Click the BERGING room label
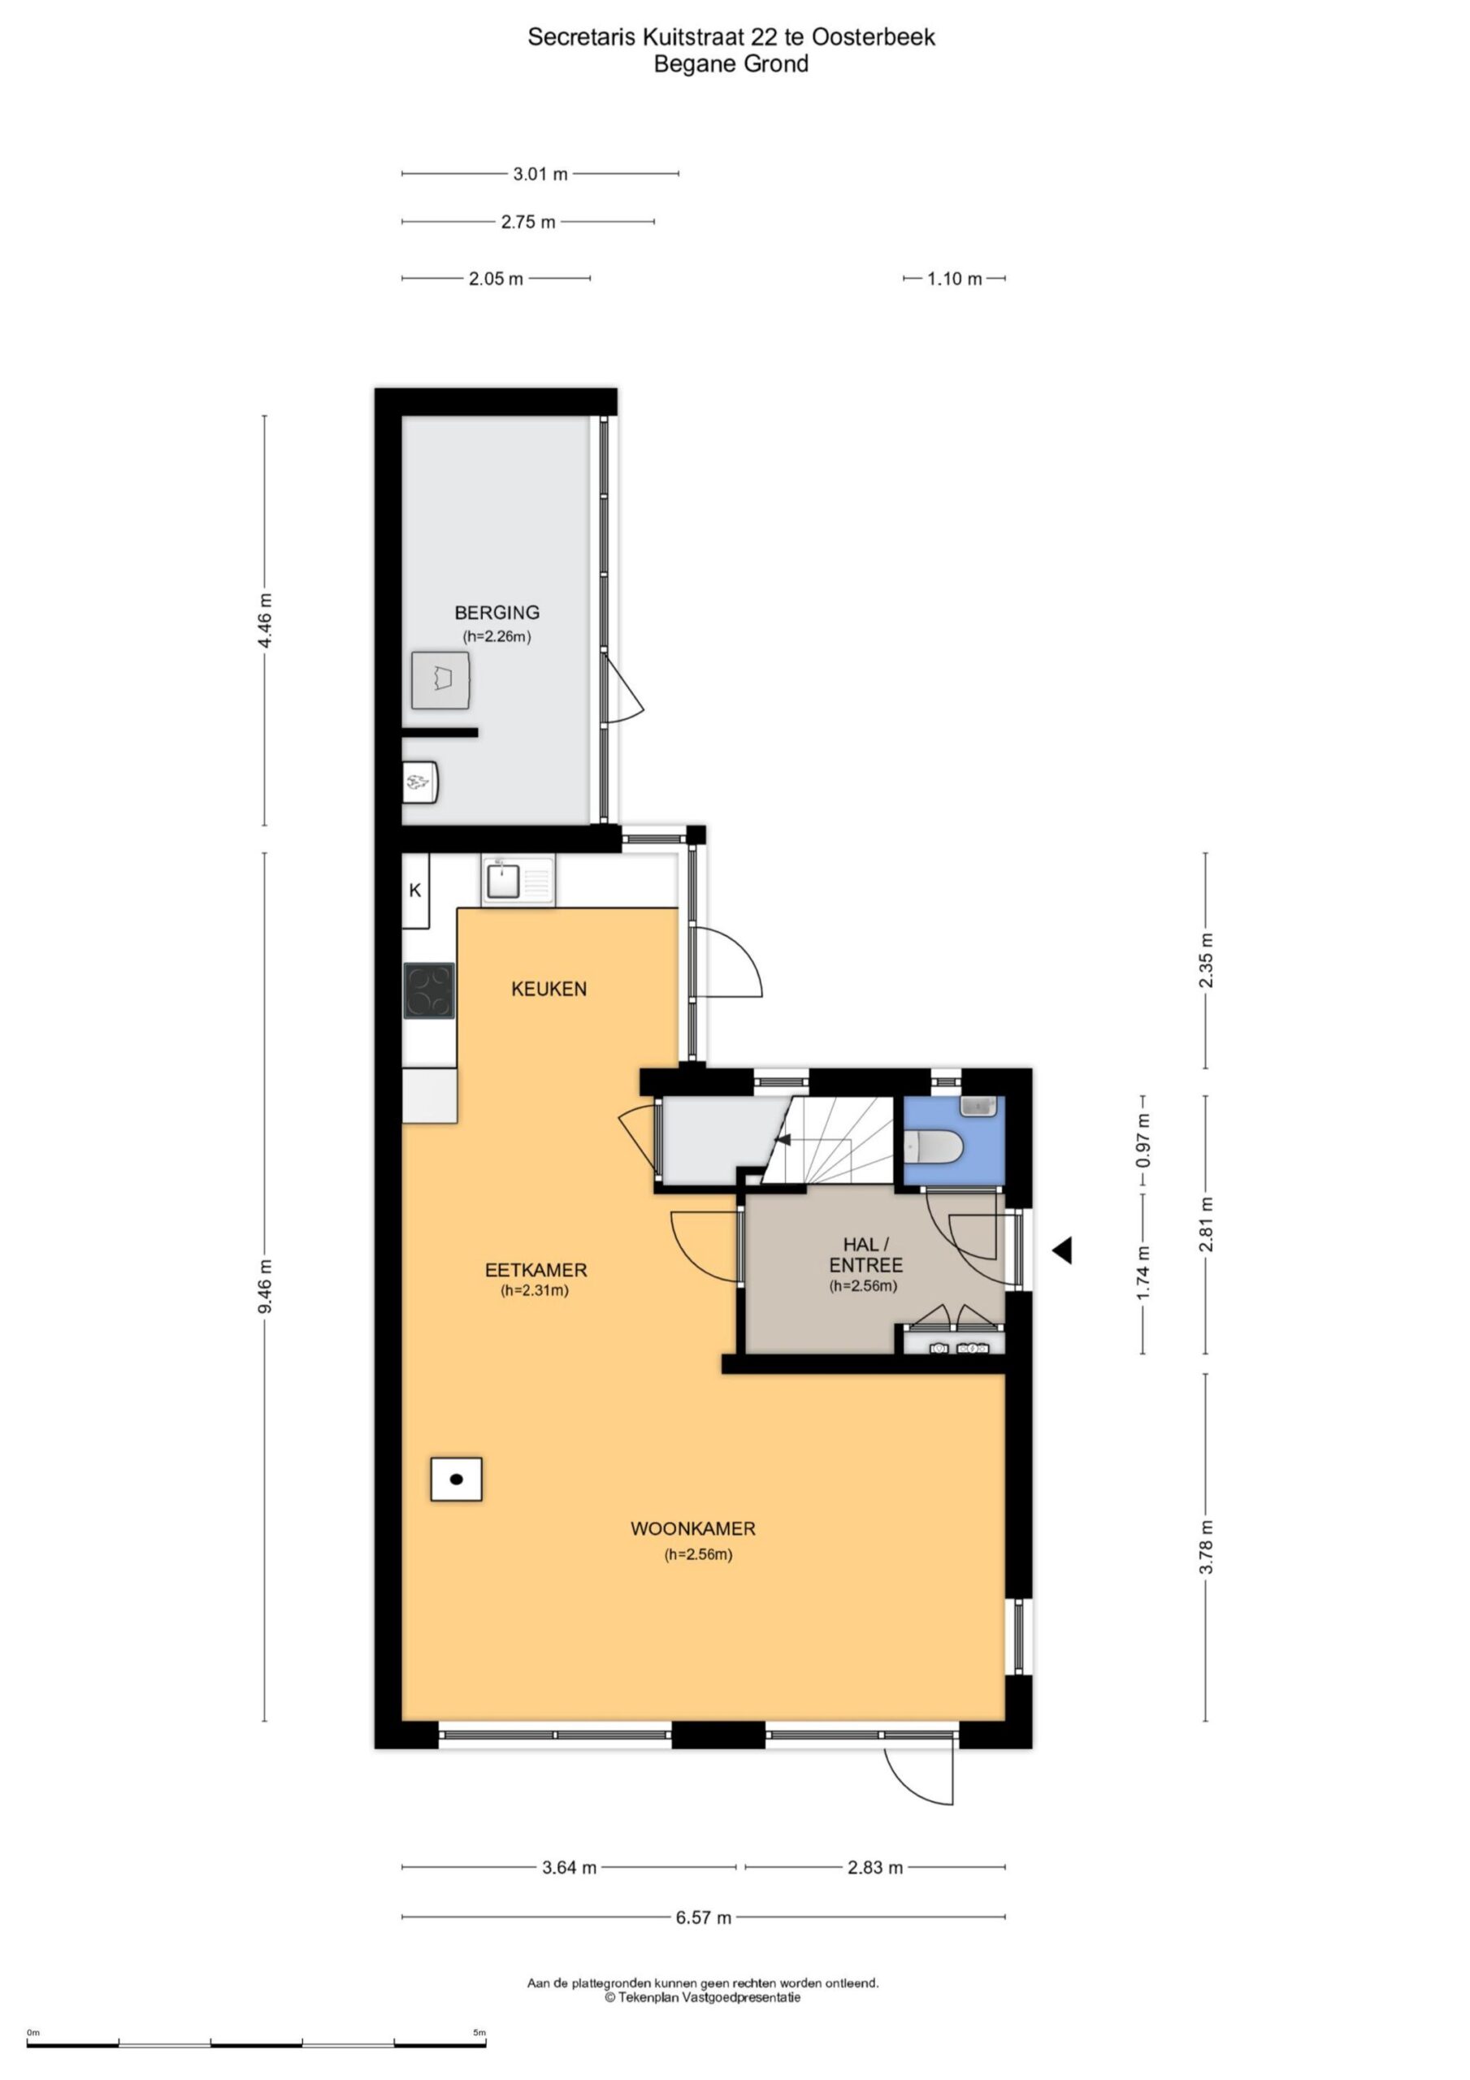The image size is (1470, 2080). (x=497, y=613)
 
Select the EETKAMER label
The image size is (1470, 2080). (x=536, y=1270)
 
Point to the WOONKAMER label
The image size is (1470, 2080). (x=693, y=1528)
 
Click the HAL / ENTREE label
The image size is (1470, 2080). (x=865, y=1254)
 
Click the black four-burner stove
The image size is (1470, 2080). (x=429, y=990)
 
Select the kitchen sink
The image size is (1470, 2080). (x=518, y=881)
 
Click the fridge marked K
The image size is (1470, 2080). (x=415, y=890)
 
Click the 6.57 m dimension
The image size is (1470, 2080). (x=703, y=1917)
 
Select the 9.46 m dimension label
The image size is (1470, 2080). (x=265, y=1286)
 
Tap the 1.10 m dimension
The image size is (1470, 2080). (x=954, y=279)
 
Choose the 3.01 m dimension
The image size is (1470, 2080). (x=540, y=174)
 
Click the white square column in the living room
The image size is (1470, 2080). (x=456, y=1480)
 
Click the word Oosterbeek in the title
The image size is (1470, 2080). (x=874, y=37)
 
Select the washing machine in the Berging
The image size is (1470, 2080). (x=440, y=679)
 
